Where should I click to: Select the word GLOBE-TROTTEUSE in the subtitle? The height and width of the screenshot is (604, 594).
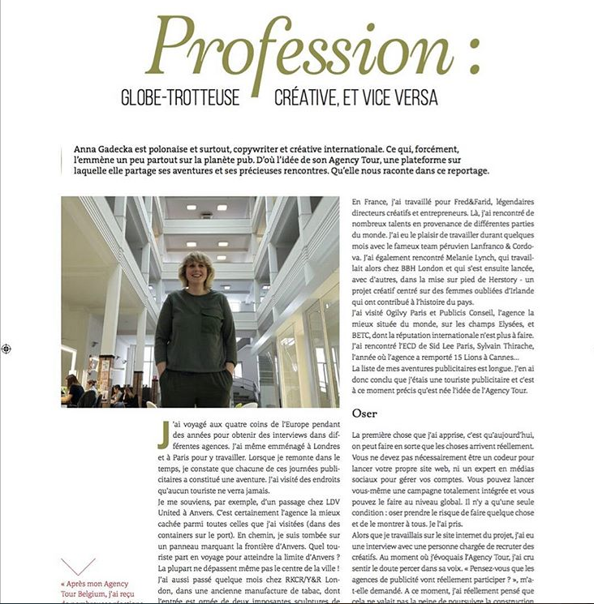click(x=180, y=98)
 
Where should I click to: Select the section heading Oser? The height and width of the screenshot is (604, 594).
click(x=364, y=413)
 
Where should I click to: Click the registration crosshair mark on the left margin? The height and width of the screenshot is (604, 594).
click(x=6, y=349)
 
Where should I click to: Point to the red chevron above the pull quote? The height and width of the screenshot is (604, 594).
click(x=78, y=565)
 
